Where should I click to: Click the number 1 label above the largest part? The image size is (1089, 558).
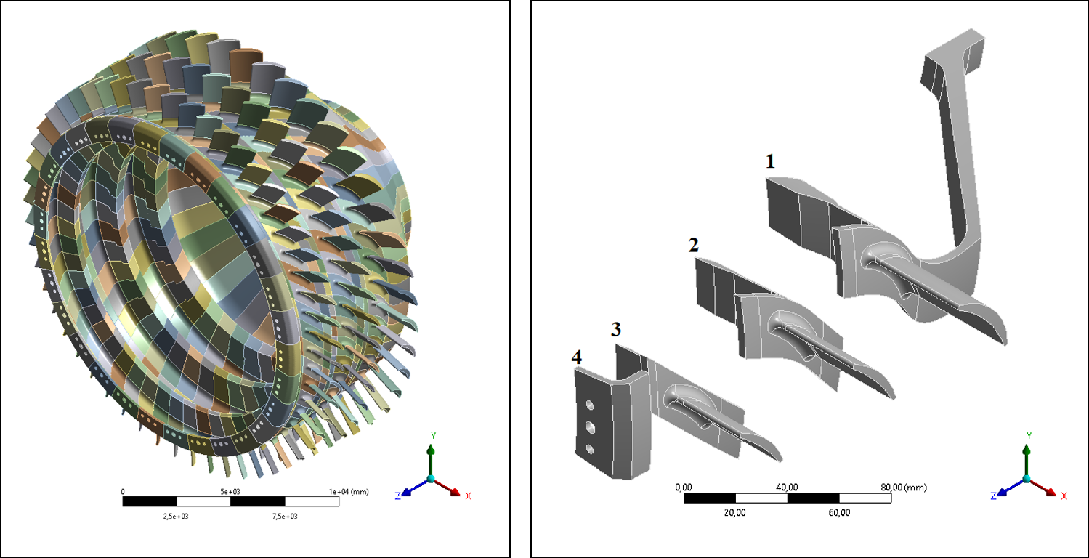[x=770, y=161]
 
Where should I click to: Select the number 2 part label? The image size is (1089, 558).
[x=694, y=245]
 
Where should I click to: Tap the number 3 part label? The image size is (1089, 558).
[x=616, y=329]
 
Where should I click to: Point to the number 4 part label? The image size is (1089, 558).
[x=577, y=357]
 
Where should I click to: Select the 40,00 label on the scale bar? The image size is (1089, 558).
[x=788, y=487]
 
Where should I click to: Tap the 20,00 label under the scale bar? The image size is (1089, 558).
[x=735, y=512]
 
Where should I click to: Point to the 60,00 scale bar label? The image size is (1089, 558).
[x=839, y=512]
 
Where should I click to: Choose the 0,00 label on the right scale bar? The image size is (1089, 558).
[x=684, y=487]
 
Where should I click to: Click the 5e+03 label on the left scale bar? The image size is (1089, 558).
[x=230, y=492]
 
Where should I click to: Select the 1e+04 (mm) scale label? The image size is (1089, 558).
[x=348, y=492]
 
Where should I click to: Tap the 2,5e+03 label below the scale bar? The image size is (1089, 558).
[x=177, y=517]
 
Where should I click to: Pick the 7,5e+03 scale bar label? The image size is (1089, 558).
[x=285, y=517]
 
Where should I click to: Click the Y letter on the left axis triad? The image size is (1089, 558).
[x=433, y=434]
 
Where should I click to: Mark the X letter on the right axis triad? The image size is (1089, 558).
[x=1064, y=496]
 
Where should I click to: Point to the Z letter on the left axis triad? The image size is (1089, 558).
[x=398, y=496]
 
